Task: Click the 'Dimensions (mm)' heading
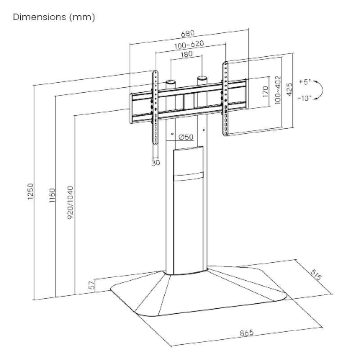click(x=54, y=18)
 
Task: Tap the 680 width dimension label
click(x=188, y=33)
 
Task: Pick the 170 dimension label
click(x=265, y=93)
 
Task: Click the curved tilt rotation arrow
click(x=319, y=90)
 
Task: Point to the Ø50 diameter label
click(x=186, y=137)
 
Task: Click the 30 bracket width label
click(x=156, y=163)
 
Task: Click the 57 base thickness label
click(x=91, y=285)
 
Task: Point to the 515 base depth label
click(x=317, y=274)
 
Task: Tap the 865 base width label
click(x=247, y=333)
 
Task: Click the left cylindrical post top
click(x=171, y=82)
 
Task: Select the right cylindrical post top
click(x=202, y=78)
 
